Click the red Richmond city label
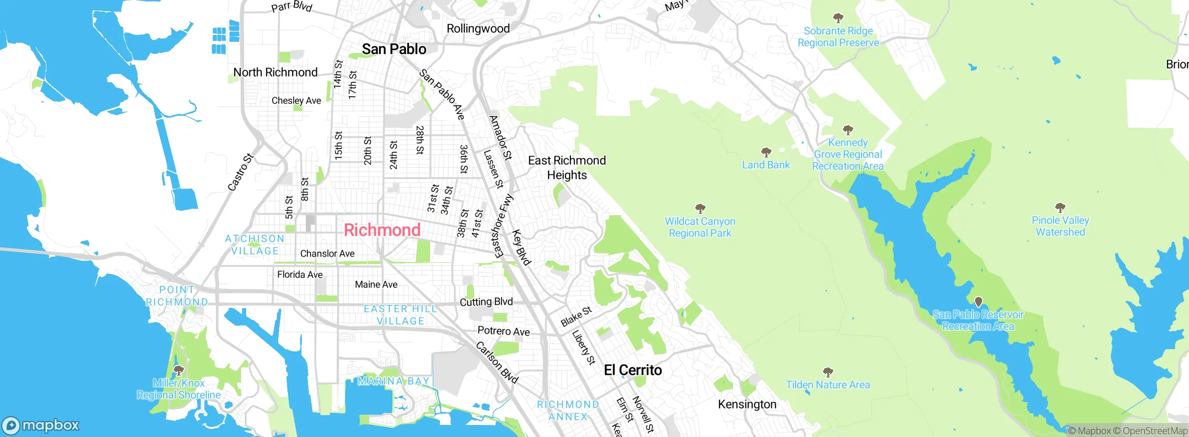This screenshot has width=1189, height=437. (382, 230)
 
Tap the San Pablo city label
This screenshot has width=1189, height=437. (394, 49)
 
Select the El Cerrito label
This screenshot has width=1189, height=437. (633, 370)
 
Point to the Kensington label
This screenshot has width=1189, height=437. (747, 404)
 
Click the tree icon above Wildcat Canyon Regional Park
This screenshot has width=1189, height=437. (700, 208)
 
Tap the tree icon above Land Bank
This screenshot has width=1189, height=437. (766, 152)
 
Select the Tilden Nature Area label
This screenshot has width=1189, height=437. (828, 385)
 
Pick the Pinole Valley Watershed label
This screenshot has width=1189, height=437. (1060, 226)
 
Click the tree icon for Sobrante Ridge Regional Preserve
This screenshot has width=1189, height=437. (838, 18)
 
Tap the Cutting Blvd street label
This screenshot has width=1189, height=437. (486, 302)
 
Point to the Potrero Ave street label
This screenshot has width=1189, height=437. (503, 331)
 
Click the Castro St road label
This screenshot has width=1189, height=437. (240, 172)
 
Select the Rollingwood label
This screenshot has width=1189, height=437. (478, 29)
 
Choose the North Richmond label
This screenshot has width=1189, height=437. (275, 73)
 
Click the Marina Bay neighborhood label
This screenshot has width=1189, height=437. (393, 381)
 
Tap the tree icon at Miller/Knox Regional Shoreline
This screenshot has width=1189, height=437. (178, 371)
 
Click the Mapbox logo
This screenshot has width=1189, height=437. (41, 425)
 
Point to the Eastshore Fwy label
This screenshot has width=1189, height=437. (502, 226)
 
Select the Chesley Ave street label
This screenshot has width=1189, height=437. (296, 101)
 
